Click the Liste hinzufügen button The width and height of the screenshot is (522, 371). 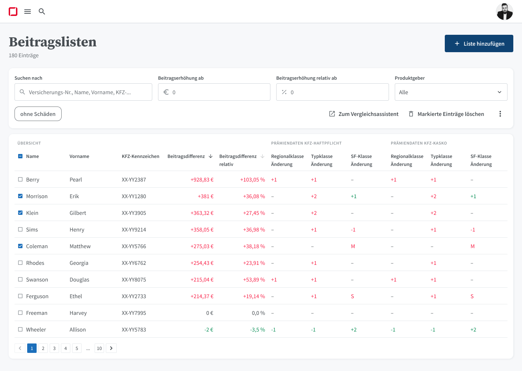point(478,43)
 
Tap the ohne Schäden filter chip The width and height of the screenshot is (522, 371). point(38,114)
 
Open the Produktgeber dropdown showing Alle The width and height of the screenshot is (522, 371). point(451,92)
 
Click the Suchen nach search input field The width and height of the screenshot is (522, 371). point(83,92)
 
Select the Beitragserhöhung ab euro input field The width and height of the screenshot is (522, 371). point(214,92)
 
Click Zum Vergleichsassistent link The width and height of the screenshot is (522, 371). point(364,114)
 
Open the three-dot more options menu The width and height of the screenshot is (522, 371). point(500,114)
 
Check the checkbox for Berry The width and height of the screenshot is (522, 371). point(20,179)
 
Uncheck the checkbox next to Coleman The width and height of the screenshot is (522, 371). point(20,246)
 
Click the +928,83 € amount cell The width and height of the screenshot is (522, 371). point(202,180)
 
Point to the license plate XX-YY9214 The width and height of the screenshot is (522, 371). point(134,230)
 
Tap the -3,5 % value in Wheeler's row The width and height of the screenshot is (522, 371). point(257,330)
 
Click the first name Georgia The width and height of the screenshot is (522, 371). point(79,263)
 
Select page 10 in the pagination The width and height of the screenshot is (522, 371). point(99,348)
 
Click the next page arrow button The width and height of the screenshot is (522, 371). point(111,348)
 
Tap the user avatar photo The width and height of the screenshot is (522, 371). point(504,12)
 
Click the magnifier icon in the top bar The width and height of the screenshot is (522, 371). point(42,12)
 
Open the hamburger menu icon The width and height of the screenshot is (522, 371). point(28,12)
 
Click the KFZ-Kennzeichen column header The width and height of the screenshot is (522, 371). point(140,157)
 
